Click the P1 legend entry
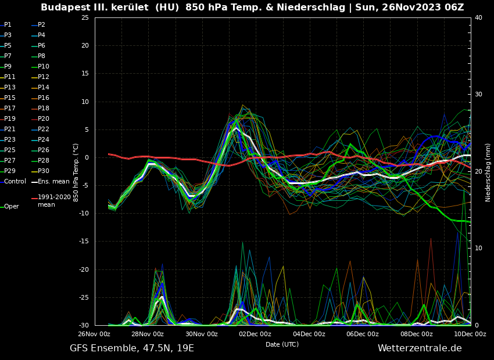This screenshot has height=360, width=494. coord(8,25)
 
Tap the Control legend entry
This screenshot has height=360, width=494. coord(15,182)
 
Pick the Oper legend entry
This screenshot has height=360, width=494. coord(11,207)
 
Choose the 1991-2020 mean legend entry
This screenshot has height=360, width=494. coord(54,201)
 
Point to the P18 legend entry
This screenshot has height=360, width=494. coord(43,109)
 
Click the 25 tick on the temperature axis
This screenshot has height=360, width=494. coord(85,17)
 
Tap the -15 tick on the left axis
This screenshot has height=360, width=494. coord(84,242)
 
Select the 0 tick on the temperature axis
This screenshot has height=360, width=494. coord(87,158)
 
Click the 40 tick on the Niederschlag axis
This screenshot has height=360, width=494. coord(478,17)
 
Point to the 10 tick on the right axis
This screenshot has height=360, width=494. coord(478,249)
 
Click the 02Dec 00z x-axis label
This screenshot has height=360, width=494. coord(255,334)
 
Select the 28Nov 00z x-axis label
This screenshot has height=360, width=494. coord(148,334)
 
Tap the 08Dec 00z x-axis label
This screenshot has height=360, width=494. coord(416,334)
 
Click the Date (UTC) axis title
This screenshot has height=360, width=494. coord(282,345)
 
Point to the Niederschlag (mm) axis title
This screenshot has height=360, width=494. coord(488,172)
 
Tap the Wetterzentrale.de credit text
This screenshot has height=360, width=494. coord(420,348)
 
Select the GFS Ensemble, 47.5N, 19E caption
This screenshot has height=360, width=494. coord(132,348)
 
